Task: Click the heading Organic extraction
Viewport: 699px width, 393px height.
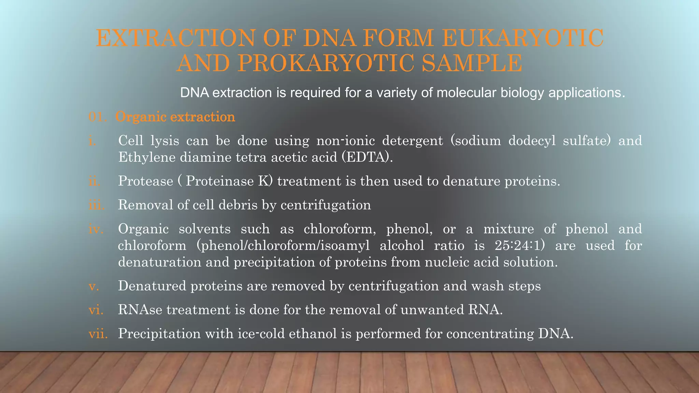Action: (175, 117)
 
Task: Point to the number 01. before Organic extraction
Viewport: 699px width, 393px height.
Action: (98, 117)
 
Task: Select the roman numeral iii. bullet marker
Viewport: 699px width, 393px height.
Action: (96, 205)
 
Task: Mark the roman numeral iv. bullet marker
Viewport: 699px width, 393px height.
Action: (96, 229)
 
